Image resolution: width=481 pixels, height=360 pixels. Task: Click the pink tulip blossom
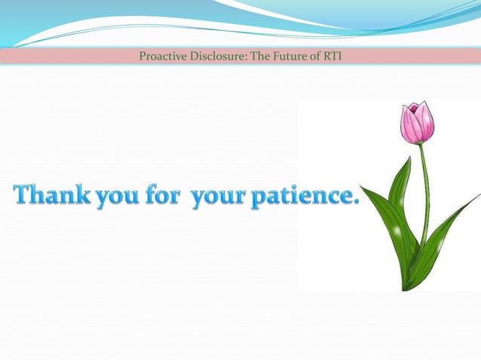pyautogui.click(x=417, y=123)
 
